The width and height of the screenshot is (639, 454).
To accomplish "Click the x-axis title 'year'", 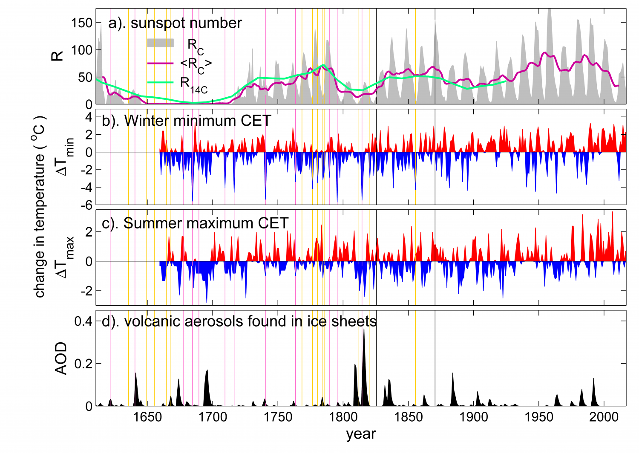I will coord(361,434).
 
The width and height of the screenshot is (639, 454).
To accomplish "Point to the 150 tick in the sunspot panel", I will coord(82,23).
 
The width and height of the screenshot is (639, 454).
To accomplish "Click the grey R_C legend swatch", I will coord(160,43).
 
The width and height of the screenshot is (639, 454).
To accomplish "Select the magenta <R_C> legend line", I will coord(160,63).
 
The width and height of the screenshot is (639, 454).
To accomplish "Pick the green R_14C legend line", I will coord(160,82).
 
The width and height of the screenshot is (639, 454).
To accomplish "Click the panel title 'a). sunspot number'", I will coord(175,23).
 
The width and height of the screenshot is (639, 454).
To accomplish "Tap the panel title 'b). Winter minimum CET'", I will coord(186,121).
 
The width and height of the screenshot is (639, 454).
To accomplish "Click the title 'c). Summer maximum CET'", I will coord(195,223).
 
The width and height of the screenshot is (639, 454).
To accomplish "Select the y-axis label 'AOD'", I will coord(61,358).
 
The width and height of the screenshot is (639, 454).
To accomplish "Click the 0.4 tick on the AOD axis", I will coord(83,321).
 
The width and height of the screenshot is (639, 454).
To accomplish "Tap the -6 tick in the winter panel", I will coord(86,205).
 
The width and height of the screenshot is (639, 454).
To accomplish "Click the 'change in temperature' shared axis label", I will coord(40,207).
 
